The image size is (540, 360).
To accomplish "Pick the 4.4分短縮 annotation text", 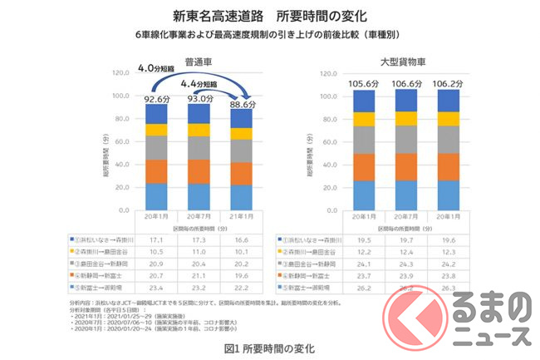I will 204,83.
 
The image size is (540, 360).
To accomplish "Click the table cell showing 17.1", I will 157,239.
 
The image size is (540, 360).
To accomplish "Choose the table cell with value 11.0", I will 199,250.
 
